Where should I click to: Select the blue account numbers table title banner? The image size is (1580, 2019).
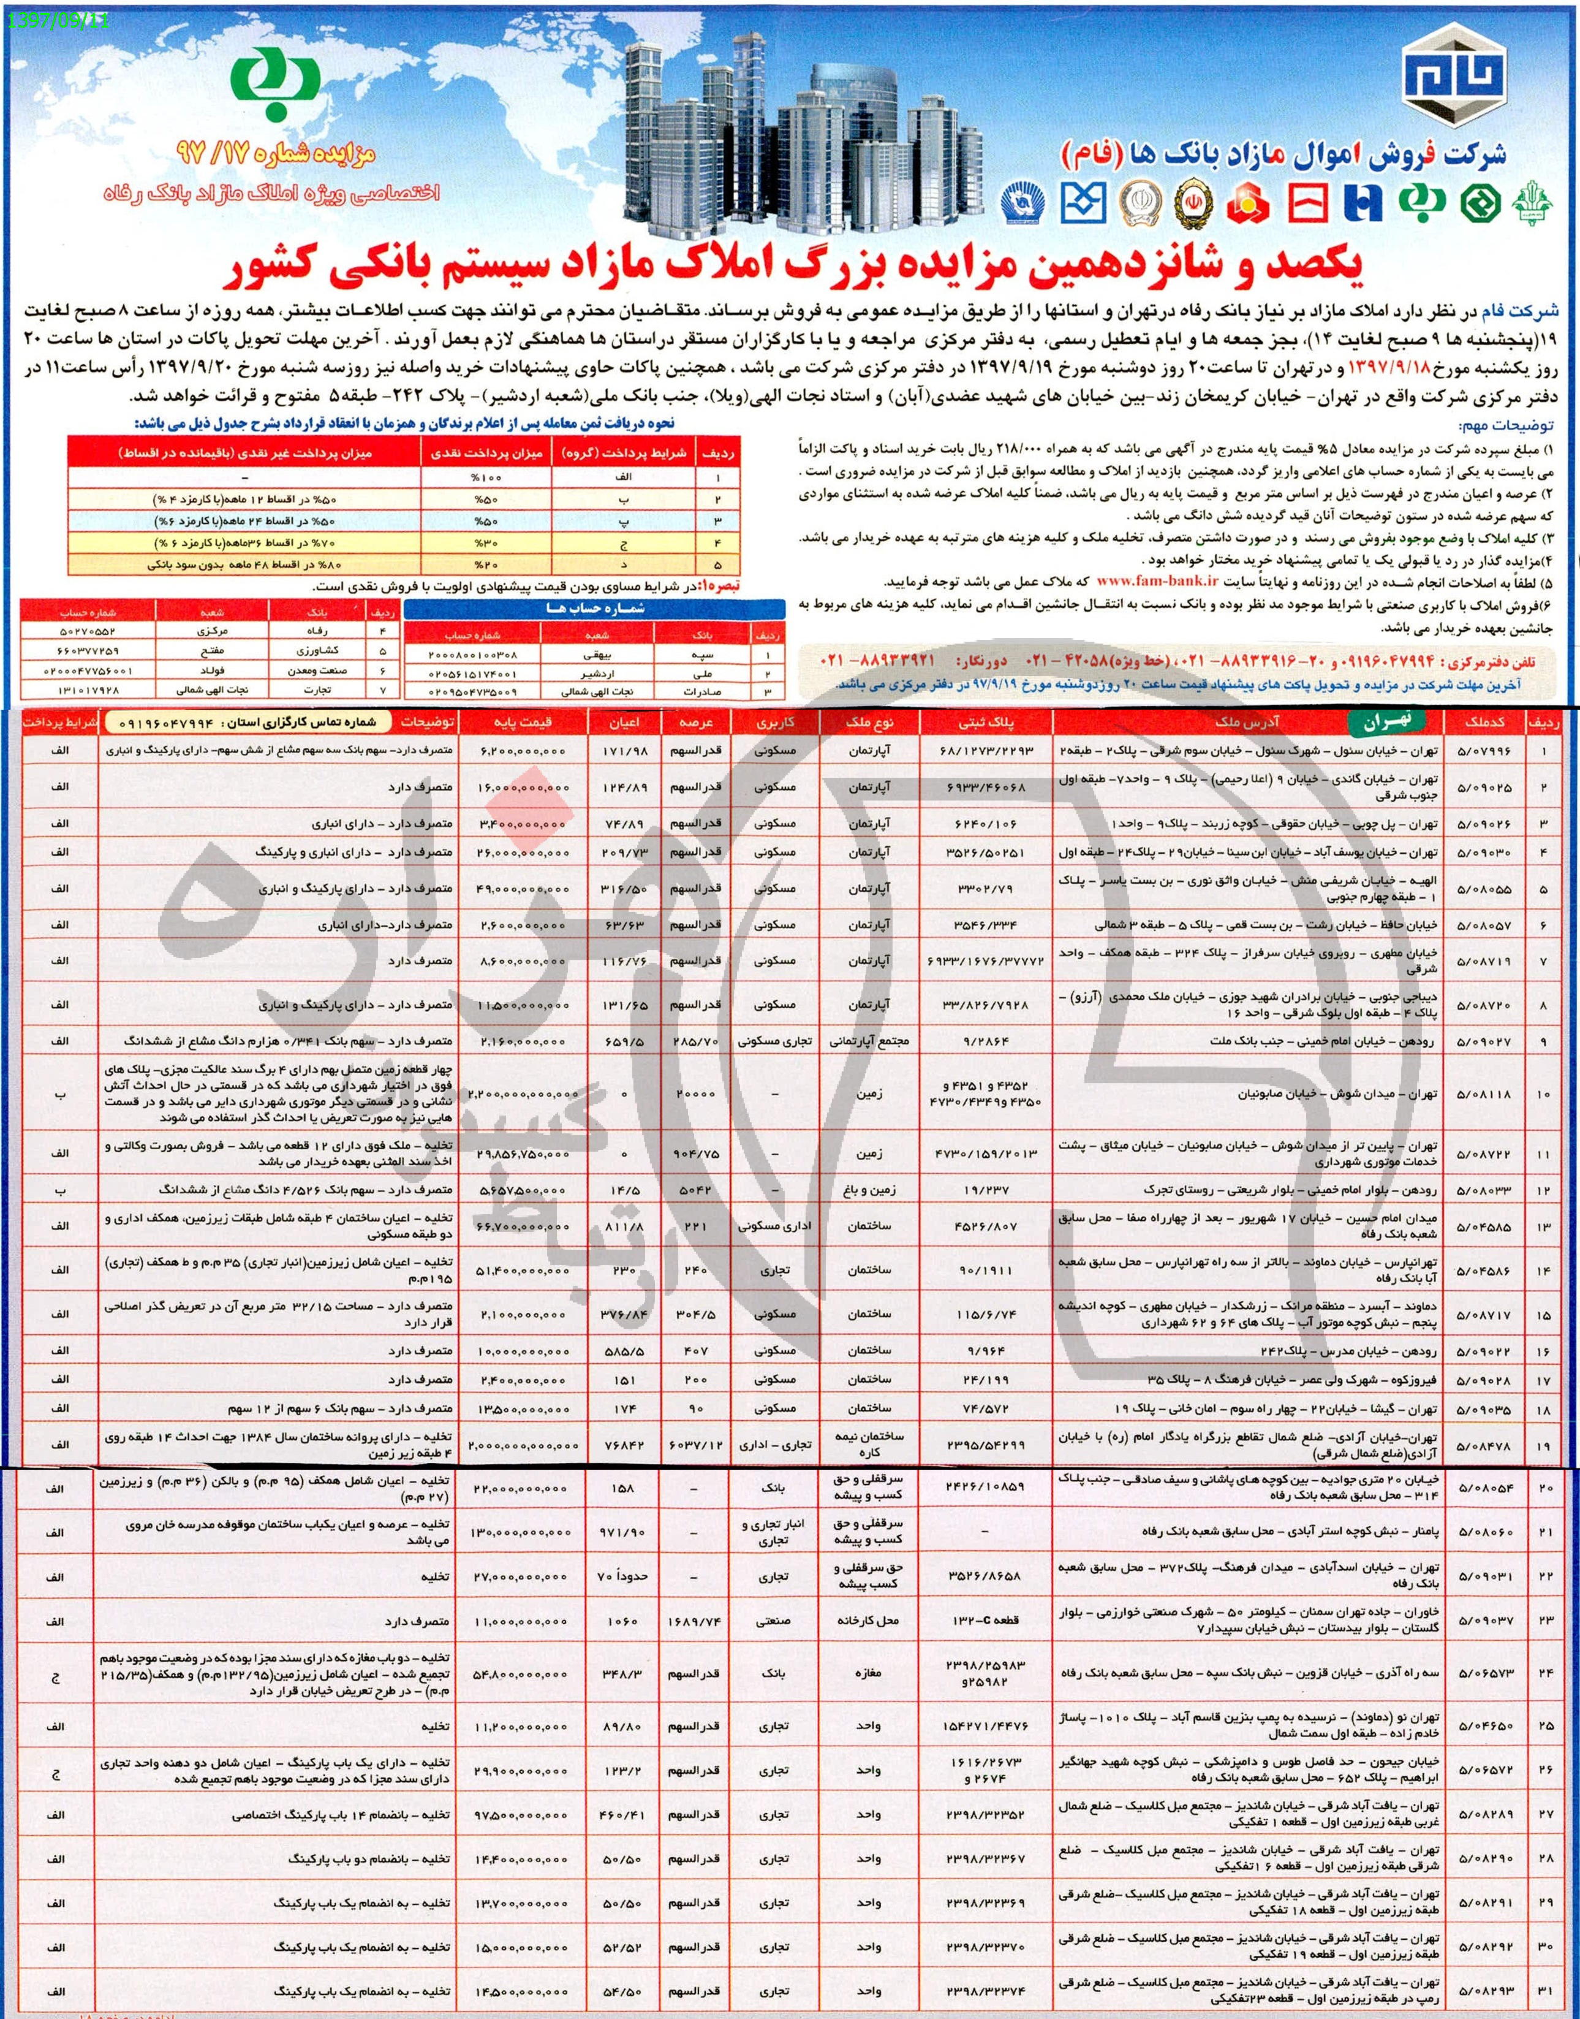pos(594,609)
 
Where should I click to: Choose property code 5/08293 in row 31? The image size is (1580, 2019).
pos(1483,1988)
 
